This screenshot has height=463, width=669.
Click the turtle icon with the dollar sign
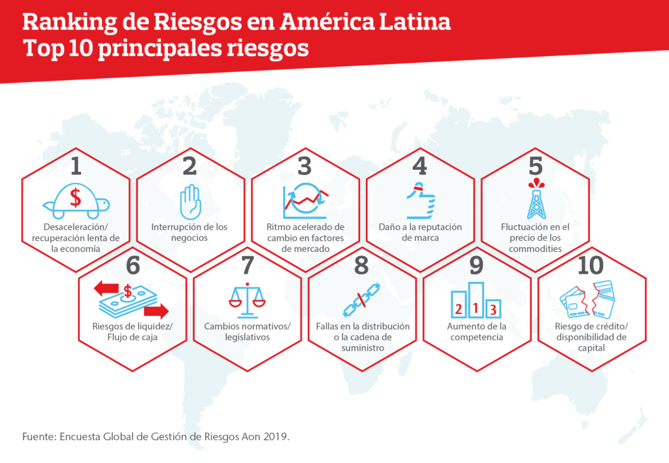pos(76,201)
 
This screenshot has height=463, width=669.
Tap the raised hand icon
pos(190,202)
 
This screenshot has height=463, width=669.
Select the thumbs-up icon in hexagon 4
pos(421,200)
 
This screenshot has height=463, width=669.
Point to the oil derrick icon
pos(536,199)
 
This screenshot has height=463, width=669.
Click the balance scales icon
pos(247,300)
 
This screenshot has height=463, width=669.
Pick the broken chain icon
pos(362,300)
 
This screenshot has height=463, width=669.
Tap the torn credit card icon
pos(587,299)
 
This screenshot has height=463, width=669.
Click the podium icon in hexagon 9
pos(476,300)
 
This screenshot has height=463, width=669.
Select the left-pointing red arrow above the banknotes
pos(106,289)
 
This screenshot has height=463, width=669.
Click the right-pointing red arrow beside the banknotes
pos(157,311)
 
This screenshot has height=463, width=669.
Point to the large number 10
pos(591,265)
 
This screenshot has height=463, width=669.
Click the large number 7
pos(248,265)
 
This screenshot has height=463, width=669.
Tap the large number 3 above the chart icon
pos(304,167)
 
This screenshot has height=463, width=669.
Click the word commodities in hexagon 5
pos(535,249)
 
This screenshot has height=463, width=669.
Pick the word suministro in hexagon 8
pos(363,348)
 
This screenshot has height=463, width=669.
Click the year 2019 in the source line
pos(276,437)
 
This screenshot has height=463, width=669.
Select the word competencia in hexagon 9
pos(476,337)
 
